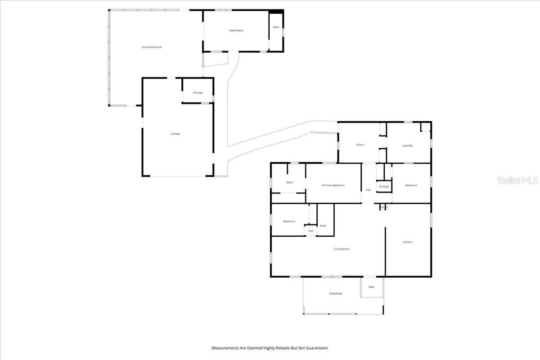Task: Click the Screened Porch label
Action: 152,47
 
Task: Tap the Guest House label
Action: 236,31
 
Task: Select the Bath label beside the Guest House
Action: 276,27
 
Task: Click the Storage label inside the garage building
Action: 198,93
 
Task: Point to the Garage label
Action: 175,134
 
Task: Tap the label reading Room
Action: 360,145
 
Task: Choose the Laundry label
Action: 408,146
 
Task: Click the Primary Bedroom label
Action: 333,185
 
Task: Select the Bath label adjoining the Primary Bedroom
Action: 290,182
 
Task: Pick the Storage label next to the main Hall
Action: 383,186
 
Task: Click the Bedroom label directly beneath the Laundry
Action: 411,185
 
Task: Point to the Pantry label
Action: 383,207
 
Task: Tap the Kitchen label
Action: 407,242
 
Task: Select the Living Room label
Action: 342,249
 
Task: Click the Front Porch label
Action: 336,294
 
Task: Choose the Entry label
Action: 371,287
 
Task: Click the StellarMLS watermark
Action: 517,180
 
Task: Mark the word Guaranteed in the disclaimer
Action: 316,348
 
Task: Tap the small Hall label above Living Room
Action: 310,231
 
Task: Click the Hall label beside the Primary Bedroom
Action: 368,190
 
